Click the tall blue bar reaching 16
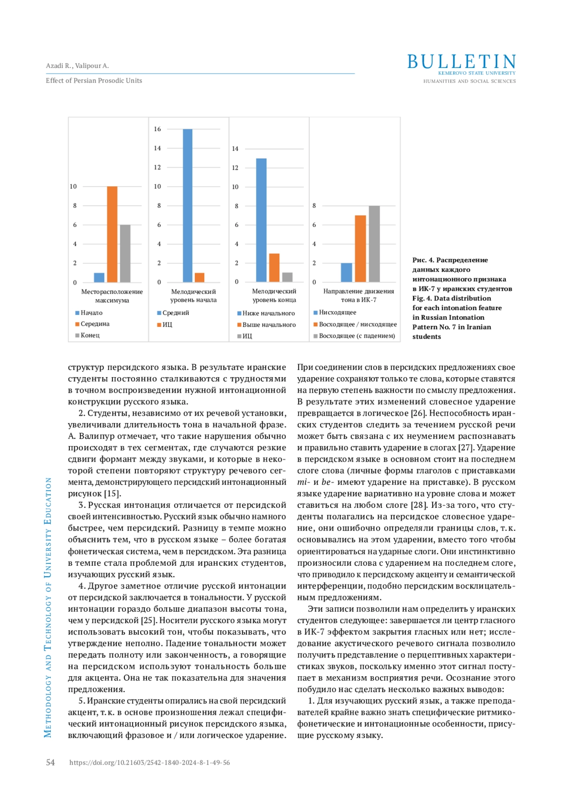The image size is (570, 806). pyautogui.click(x=188, y=205)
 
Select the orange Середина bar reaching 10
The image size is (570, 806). pyautogui.click(x=112, y=234)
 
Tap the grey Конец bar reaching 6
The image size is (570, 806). pyautogui.click(x=125, y=253)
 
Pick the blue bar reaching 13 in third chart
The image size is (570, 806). pyautogui.click(x=261, y=220)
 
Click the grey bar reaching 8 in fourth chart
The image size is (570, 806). pyautogui.click(x=374, y=244)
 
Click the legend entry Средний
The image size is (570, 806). pyautogui.click(x=175, y=313)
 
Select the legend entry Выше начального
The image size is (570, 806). pyautogui.click(x=269, y=325)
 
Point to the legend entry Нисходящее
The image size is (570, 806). pyautogui.click(x=337, y=313)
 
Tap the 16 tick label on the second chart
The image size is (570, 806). pyautogui.click(x=157, y=129)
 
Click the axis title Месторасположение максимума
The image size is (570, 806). pyautogui.click(x=112, y=296)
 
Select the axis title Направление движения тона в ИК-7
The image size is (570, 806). pyautogui.click(x=359, y=295)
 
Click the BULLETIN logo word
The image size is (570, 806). pyautogui.click(x=461, y=62)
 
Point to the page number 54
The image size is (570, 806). pyautogui.click(x=50, y=762)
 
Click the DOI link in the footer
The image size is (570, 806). pyautogui.click(x=150, y=763)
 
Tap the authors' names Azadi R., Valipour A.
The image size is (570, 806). pyautogui.click(x=77, y=66)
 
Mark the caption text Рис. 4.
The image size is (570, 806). pyautogui.click(x=423, y=260)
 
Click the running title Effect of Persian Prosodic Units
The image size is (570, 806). pyautogui.click(x=94, y=81)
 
